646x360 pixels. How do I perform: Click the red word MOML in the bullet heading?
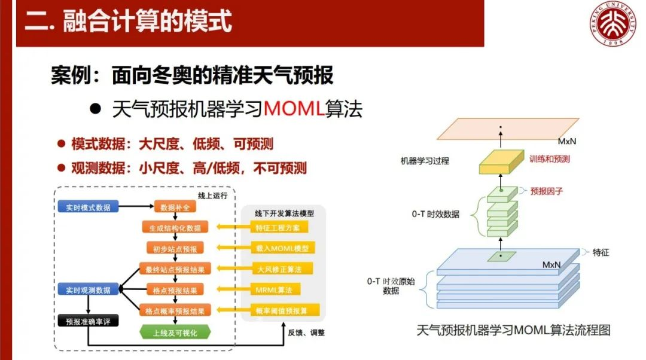coord(294,109)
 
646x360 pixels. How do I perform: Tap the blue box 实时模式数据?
coord(88,208)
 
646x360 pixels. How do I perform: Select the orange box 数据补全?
coord(175,208)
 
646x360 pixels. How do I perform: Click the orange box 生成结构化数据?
coord(175,228)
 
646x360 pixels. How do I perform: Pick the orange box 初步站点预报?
coord(175,249)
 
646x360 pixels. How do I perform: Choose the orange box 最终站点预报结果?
coord(175,269)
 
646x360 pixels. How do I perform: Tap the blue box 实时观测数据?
coord(88,290)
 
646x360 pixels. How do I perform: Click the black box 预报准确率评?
coord(88,321)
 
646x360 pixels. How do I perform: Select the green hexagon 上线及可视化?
coord(175,332)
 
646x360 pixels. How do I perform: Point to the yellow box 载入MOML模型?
coord(282,248)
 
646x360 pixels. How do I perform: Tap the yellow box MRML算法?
coord(275,290)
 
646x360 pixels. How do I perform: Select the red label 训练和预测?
coord(549,159)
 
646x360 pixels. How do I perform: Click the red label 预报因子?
coord(547,191)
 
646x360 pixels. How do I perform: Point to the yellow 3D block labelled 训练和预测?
coord(501,161)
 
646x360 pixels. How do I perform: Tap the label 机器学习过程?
coord(425,161)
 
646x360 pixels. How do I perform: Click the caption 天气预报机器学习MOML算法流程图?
coord(513,330)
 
